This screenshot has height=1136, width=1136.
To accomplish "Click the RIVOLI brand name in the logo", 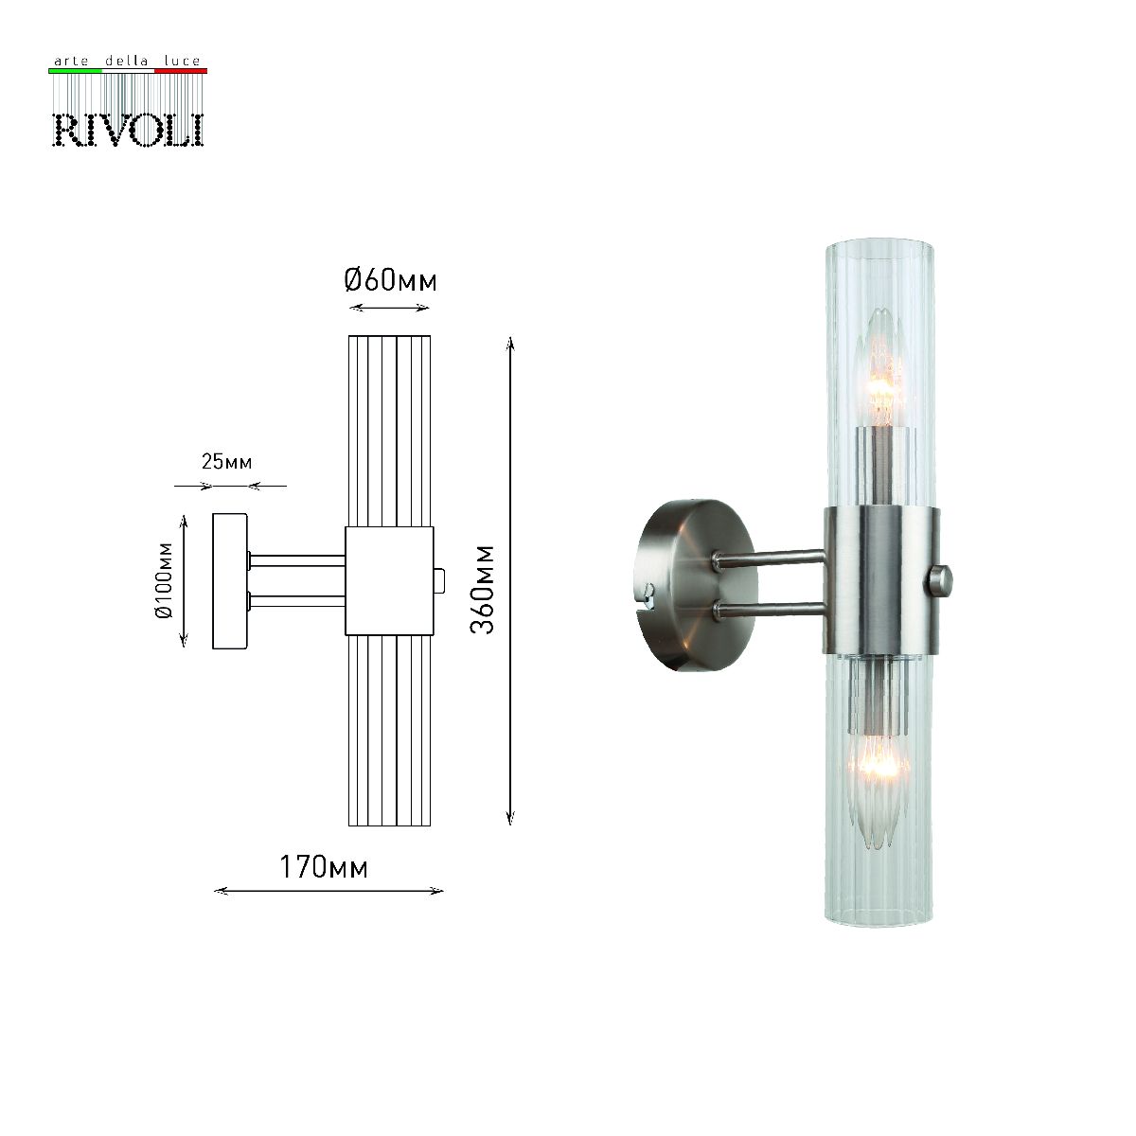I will pyautogui.click(x=127, y=130).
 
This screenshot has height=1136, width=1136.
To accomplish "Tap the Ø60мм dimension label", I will pyautogui.click(x=390, y=281).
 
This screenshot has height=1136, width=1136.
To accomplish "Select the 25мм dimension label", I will pyautogui.click(x=226, y=462).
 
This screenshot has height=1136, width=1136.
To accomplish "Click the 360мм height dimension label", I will pyautogui.click(x=483, y=589).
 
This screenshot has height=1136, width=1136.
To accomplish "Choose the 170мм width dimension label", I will pyautogui.click(x=323, y=867).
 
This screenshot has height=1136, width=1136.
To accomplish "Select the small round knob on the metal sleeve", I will pyautogui.click(x=943, y=579).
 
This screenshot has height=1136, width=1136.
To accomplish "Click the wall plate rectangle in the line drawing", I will pyautogui.click(x=230, y=581).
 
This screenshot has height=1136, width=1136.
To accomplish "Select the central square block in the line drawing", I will pyautogui.click(x=389, y=580).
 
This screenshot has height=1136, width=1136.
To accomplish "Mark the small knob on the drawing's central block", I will pyautogui.click(x=438, y=580).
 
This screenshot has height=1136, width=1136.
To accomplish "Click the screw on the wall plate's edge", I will pyautogui.click(x=647, y=595).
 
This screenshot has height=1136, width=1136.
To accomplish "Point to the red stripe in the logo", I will pyautogui.click(x=180, y=71).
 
